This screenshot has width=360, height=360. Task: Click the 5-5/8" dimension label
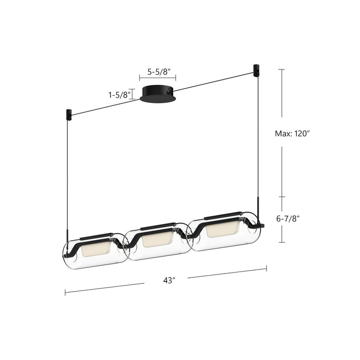tap(157, 73)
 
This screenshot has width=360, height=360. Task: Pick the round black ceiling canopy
tap(157, 94)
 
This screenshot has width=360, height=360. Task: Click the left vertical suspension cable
tap(67, 175)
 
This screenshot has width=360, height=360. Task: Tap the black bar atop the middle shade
tap(157, 225)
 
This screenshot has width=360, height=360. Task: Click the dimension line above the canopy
tap(157, 79)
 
